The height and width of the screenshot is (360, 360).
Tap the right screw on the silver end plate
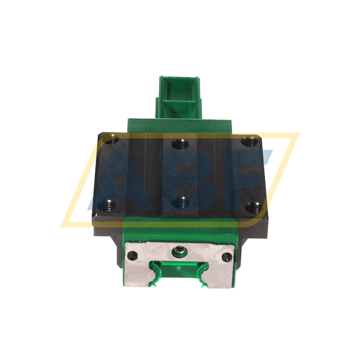pyautogui.click(x=228, y=257)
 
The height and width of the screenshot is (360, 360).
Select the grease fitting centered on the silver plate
pyautogui.click(x=179, y=252)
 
